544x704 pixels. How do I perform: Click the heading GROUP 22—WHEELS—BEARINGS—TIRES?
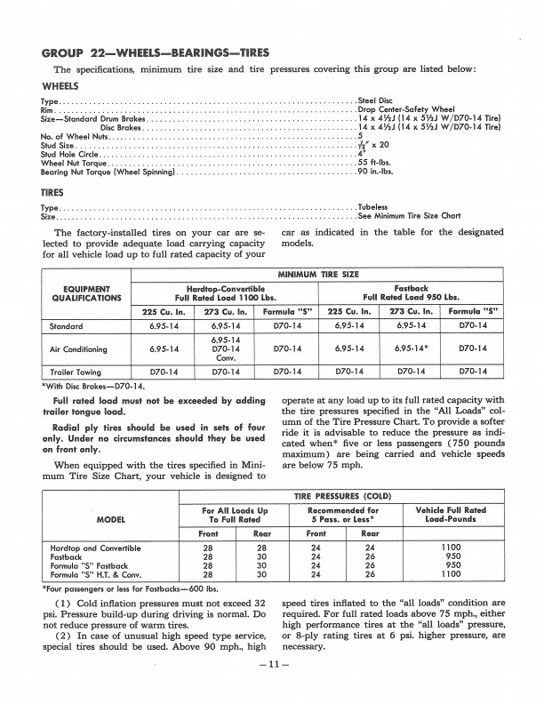156,52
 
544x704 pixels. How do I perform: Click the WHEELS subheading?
60,86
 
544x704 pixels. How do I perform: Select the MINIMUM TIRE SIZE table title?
320,274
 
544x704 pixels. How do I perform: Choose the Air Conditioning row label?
77,349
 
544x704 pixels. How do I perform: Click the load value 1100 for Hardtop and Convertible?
451,548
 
